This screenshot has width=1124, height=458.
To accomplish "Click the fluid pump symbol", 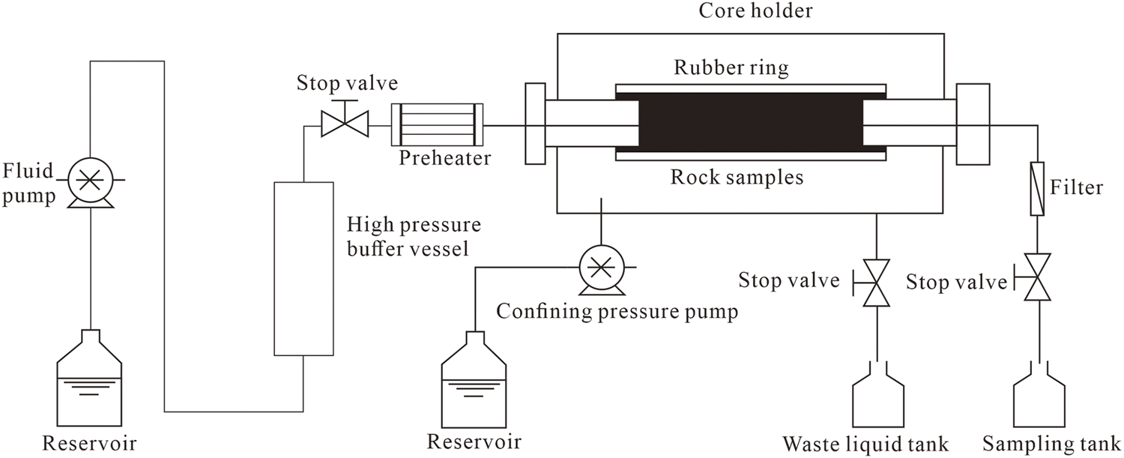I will [89, 181].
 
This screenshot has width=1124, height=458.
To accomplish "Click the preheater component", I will [438, 124].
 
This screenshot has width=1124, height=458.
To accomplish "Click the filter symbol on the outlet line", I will [1037, 189].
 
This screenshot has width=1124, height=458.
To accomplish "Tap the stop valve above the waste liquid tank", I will [876, 283].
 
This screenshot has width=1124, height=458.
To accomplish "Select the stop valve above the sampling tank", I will [1038, 277].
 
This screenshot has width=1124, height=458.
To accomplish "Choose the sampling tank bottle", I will [1038, 401].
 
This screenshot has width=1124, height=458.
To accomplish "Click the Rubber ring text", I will [731, 68].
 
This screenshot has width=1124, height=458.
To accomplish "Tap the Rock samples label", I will [737, 178].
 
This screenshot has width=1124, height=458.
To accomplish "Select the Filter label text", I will [1077, 187].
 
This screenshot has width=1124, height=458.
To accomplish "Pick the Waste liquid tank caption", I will [865, 445].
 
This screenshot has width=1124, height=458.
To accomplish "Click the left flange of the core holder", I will [535, 124].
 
